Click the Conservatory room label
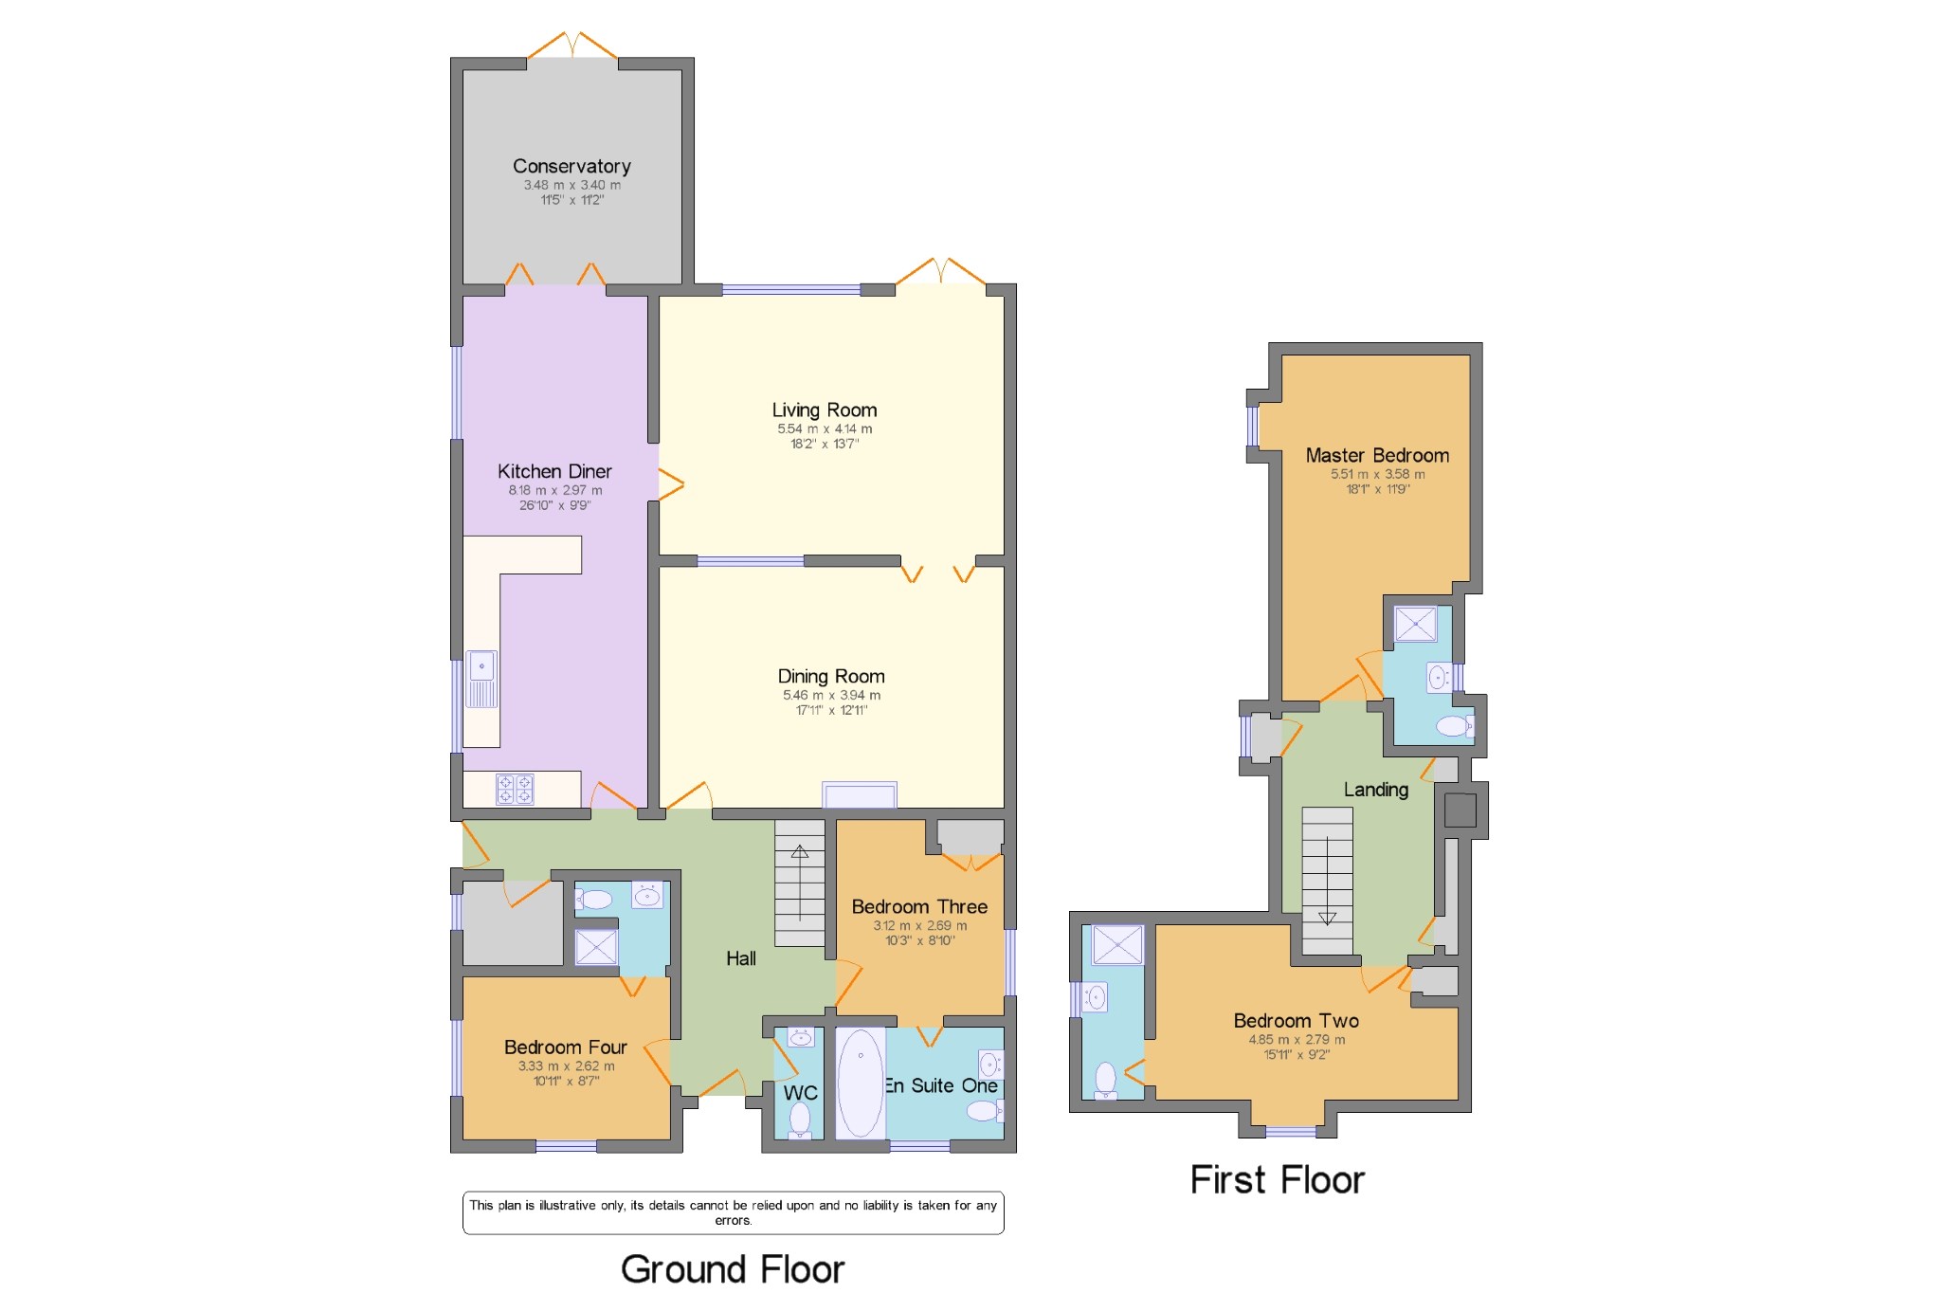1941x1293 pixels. pos(571,166)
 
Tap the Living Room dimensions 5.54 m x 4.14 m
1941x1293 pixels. pos(825,428)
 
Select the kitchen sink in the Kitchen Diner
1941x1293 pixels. pos(481,679)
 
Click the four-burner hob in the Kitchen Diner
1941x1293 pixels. pos(515,789)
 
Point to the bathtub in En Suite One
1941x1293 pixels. pos(861,1084)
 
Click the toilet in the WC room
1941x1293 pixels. pos(800,1119)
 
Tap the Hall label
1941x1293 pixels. pos(741,958)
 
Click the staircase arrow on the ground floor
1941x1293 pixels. pos(800,883)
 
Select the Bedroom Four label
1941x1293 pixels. pos(566,1047)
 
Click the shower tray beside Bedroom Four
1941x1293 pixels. pos(596,947)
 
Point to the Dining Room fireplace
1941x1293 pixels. pos(860,794)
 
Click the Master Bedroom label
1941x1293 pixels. pos(1377,455)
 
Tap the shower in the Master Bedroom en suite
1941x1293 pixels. pos(1416,624)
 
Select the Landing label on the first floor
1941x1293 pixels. pos(1376,790)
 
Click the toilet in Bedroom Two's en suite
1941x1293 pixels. pos(1105,1081)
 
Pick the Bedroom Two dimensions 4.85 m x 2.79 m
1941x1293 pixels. pos(1297,1039)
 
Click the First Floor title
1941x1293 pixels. pos(1278,1180)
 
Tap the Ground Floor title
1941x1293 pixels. pos(733,1268)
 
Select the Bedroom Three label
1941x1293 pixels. pos(919,906)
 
